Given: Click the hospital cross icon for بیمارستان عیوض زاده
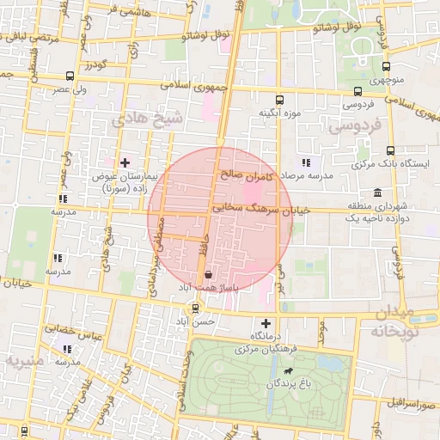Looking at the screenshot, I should click(x=125, y=162).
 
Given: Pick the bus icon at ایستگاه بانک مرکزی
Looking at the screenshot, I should click(x=390, y=150).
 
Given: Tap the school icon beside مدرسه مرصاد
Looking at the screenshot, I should click(x=305, y=162).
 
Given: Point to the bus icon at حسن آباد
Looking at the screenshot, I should click(x=196, y=309).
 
